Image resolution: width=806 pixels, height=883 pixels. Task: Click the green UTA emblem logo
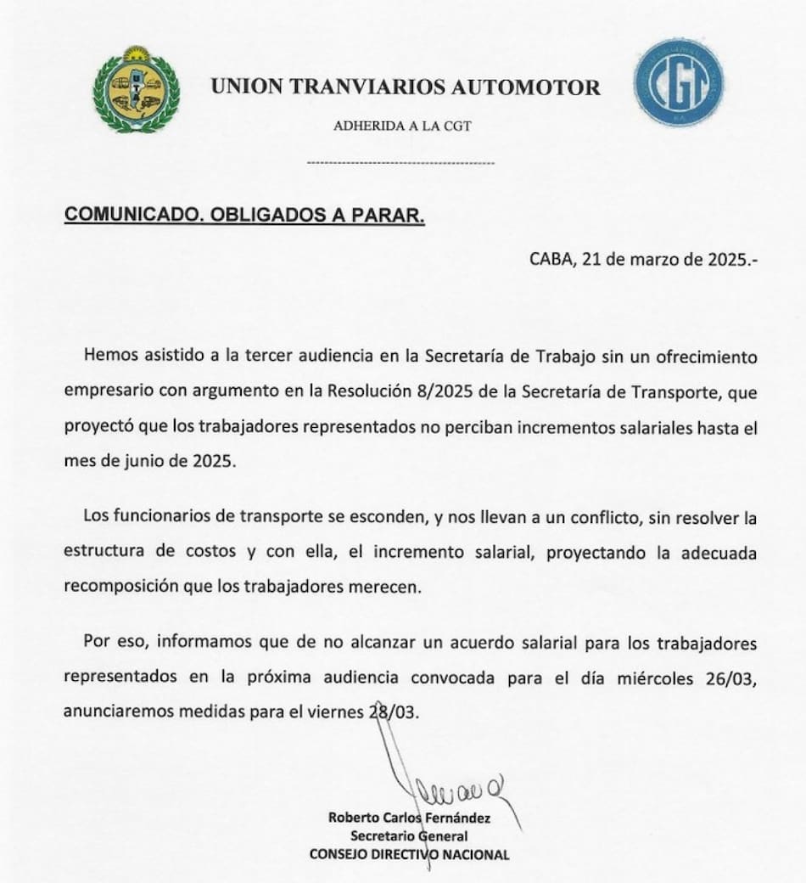pyautogui.click(x=137, y=88)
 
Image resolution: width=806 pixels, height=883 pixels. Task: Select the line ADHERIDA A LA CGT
pyautogui.click(x=403, y=127)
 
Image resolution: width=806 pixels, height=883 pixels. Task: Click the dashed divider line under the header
pyautogui.click(x=400, y=161)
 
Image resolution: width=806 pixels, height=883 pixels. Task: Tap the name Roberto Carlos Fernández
pyautogui.click(x=410, y=819)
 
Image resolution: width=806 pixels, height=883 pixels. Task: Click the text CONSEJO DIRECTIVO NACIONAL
pyautogui.click(x=410, y=854)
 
